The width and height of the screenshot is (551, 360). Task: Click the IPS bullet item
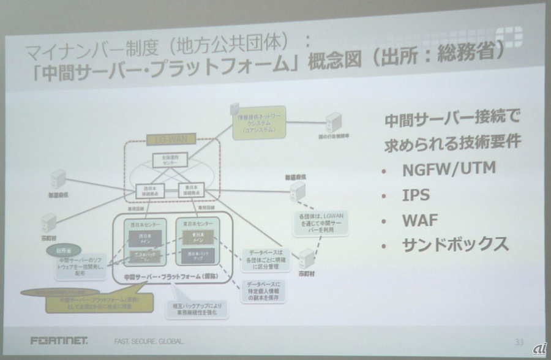(x=416, y=195)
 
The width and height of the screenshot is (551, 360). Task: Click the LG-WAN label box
(x=171, y=140)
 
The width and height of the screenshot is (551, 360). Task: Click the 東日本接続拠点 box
(x=190, y=190)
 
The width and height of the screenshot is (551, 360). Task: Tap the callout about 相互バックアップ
(x=196, y=308)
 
